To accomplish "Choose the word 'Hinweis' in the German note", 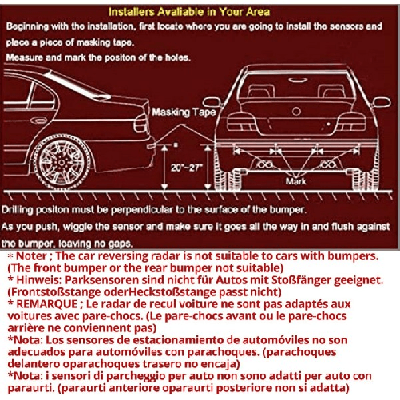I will (x=34, y=283).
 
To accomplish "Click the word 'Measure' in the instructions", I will (x=26, y=58).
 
